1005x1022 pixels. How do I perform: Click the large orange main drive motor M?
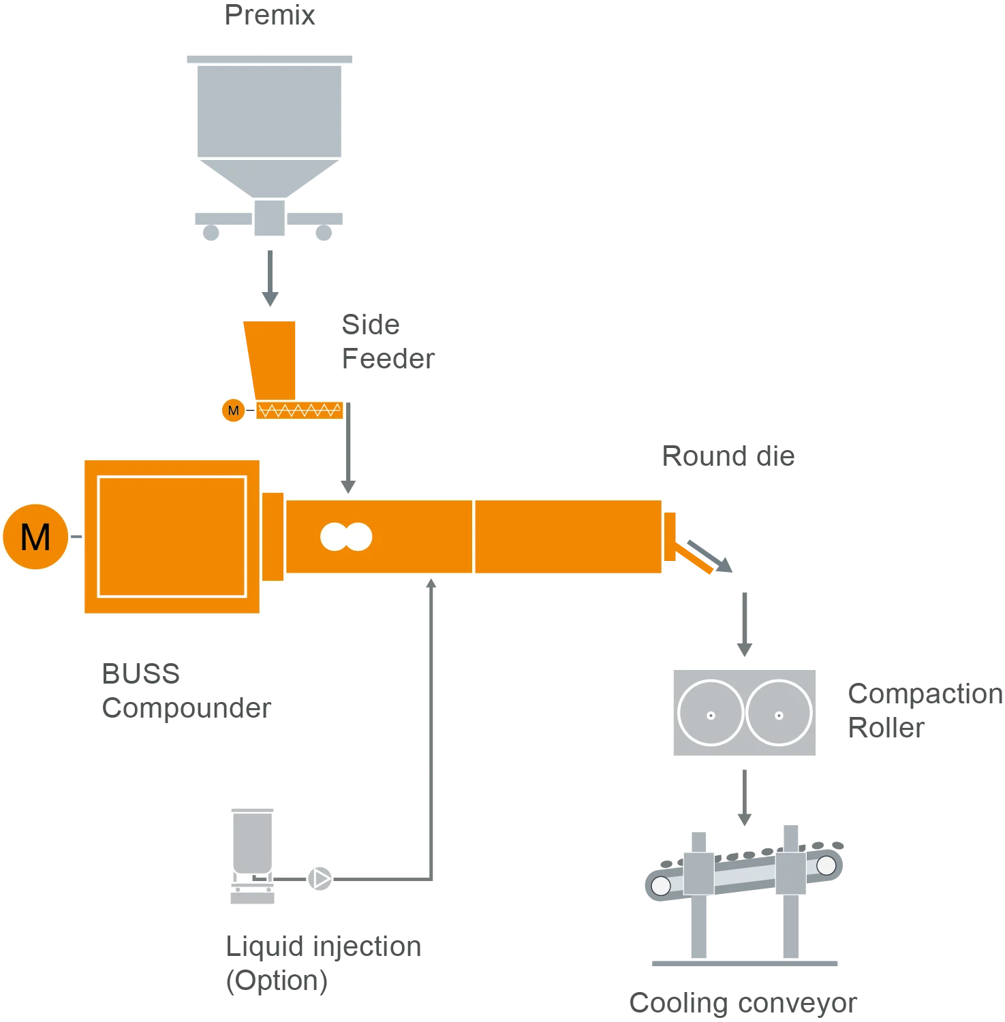coord(35,537)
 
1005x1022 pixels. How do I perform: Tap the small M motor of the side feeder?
coord(233,411)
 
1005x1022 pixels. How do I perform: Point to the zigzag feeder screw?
coord(300,411)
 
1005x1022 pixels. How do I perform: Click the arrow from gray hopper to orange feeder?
coord(270,276)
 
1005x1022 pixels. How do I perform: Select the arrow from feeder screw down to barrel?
coord(349,449)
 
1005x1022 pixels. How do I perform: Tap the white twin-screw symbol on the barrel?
coord(346,537)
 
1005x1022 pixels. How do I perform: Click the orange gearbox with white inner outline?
coord(172,537)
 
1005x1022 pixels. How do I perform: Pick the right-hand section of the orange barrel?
coord(568,537)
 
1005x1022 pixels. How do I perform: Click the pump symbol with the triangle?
coord(320,879)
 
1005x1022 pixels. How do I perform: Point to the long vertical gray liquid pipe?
coord(430,729)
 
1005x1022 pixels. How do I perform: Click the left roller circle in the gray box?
coord(711,713)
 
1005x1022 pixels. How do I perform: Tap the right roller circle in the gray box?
coord(779,713)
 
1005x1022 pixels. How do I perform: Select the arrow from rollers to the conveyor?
coord(744,797)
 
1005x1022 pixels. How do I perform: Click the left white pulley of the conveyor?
coord(661,885)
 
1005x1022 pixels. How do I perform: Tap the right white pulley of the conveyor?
coord(826,865)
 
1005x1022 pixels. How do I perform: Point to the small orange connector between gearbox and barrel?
coord(273,537)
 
